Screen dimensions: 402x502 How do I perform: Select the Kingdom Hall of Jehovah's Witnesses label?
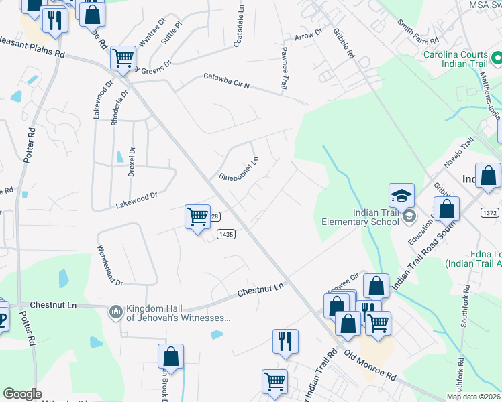tap(178, 314)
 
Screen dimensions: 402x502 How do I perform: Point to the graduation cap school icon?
tap(401, 195)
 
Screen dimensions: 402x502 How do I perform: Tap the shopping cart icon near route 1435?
tap(197, 216)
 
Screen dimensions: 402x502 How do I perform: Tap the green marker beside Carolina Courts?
tap(497, 59)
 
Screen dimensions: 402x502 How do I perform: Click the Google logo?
tap(22, 394)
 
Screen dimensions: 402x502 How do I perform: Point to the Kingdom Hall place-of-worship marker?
tap(115, 311)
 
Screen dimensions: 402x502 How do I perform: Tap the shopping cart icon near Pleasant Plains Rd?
tap(123, 58)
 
